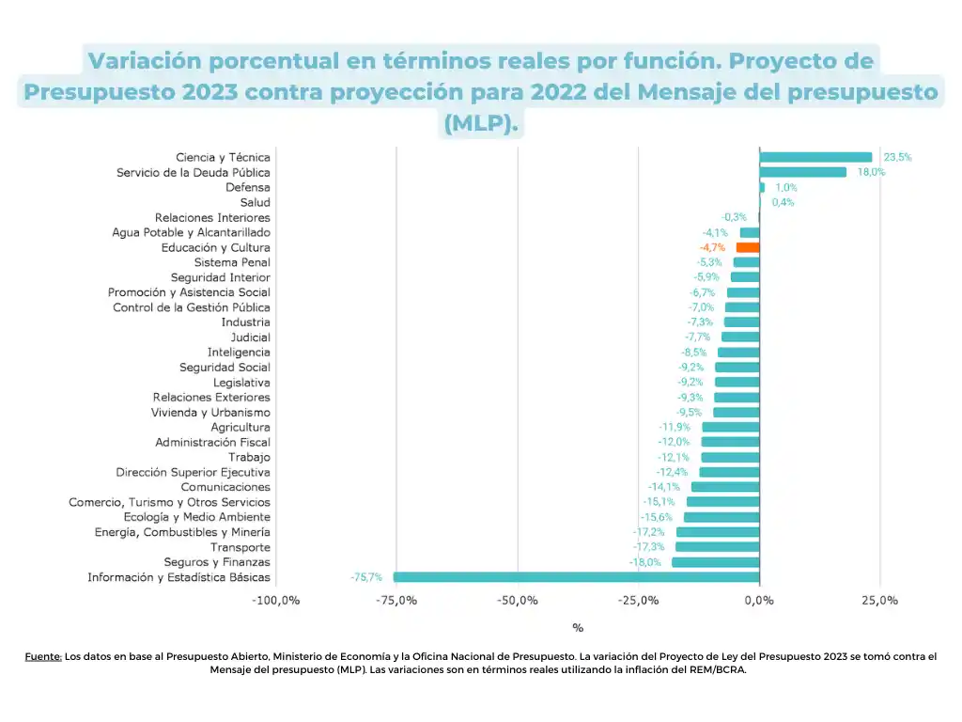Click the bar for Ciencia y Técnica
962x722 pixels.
coord(815,157)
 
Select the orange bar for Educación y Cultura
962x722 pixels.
coord(748,247)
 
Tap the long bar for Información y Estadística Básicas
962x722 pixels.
coord(576,577)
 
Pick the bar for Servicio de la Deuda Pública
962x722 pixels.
coord(802,172)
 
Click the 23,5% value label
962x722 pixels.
coord(897,157)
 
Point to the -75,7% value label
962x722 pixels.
coord(366,577)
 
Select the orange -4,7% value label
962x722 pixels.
coord(713,247)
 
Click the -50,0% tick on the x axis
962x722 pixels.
coord(518,600)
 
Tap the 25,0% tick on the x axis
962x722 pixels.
coord(880,600)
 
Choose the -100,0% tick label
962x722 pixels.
coord(275,600)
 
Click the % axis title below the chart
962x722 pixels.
coord(578,628)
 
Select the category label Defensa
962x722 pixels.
coord(248,187)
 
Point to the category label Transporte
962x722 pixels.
coord(240,547)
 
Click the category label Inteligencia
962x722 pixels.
coord(239,353)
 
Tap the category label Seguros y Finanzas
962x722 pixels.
coord(217,562)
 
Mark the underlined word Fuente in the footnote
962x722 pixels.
coord(43,657)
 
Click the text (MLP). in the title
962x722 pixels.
coord(481,123)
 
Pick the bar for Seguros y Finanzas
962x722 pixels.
coord(715,562)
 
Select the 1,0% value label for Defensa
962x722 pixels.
coord(786,187)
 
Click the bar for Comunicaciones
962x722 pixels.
coord(725,487)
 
